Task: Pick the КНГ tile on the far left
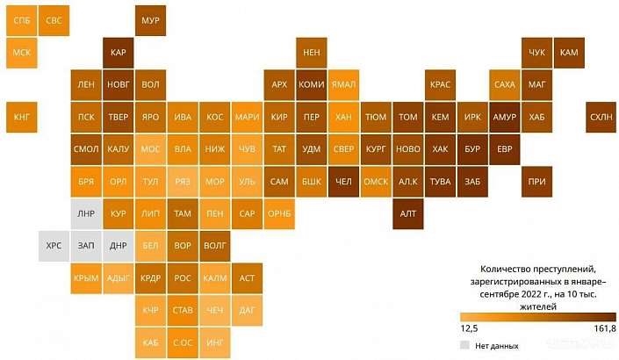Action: [x=21, y=117]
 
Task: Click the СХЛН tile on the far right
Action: [x=601, y=117]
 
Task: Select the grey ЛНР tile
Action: [x=86, y=213]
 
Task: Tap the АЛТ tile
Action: [x=408, y=213]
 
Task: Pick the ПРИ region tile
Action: [x=536, y=182]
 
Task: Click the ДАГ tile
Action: [x=248, y=310]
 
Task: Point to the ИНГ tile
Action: [x=215, y=342]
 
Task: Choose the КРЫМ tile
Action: [x=86, y=278]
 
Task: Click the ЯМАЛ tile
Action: [x=343, y=85]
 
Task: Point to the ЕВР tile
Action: [x=505, y=149]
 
